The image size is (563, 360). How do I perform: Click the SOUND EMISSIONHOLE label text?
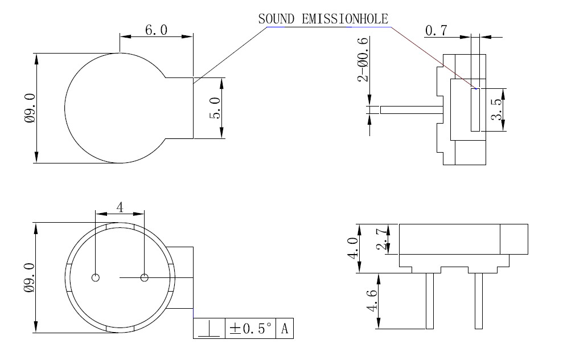coord(323,18)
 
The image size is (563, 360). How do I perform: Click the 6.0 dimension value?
coord(156,30)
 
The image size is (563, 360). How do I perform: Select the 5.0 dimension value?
coord(215,108)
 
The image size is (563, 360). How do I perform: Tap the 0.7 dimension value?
coord(436,31)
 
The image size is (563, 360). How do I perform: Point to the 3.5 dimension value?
coord(496,109)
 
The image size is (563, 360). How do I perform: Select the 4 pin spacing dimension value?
coord(120,207)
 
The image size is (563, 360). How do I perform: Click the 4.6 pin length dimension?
coord(372,300)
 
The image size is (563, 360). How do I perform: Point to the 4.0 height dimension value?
coord(353,248)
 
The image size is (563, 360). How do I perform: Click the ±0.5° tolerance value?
coord(250,329)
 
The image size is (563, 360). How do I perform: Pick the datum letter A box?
coord(285,329)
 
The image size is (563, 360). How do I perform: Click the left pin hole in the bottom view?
coord(96,277)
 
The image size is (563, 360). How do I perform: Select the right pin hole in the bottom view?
coord(144,277)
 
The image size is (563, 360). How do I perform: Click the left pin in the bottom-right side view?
coord(430,300)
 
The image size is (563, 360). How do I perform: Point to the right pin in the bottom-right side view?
coord(479,300)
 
